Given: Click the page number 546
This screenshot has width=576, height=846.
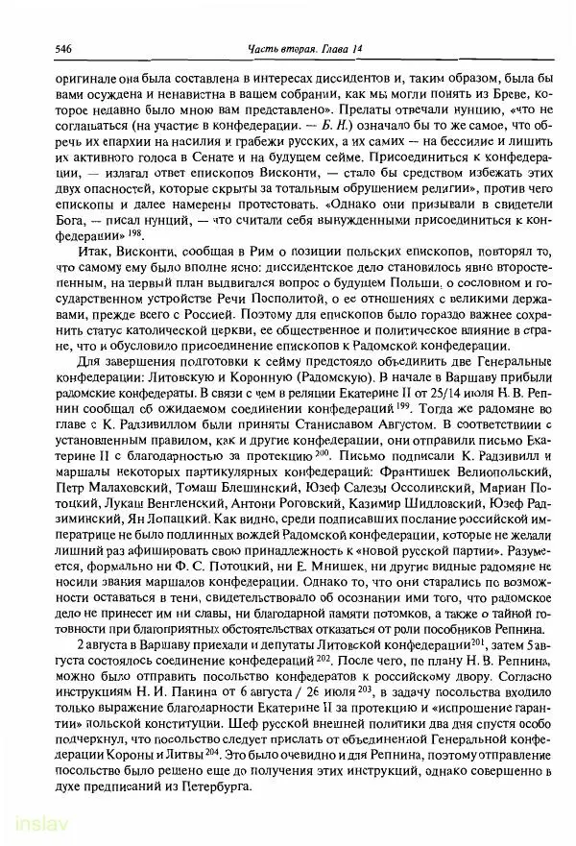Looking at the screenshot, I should coord(39,48).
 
